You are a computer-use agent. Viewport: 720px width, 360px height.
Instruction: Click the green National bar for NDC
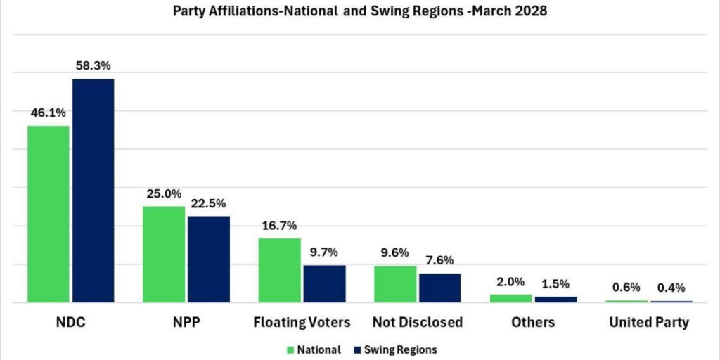[x=49, y=214]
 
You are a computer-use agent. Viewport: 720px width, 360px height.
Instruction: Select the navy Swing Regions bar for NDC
[x=93, y=190]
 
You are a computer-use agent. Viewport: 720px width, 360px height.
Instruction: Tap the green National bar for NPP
[x=164, y=254]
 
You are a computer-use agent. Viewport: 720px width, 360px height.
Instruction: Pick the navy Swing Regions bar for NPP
[x=208, y=259]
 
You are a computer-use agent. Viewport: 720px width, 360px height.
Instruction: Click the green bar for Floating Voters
[x=279, y=270]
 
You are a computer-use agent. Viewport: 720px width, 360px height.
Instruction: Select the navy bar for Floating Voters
[x=324, y=283]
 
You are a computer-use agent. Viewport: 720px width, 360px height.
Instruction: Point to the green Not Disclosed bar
[x=394, y=284]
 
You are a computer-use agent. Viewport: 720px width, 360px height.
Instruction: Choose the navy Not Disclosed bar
[x=439, y=288]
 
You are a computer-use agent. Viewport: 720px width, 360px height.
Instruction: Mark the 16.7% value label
[x=279, y=226]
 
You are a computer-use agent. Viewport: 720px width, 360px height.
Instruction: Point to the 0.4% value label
[x=671, y=288]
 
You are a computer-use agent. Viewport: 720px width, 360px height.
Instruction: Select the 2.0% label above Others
[x=510, y=282]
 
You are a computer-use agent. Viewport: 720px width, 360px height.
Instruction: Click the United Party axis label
[x=649, y=323]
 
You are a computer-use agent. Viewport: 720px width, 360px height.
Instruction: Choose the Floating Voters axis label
[x=302, y=323]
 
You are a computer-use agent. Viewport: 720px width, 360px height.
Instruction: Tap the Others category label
[x=533, y=323]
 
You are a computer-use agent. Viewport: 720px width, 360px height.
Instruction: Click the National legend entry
[x=314, y=349]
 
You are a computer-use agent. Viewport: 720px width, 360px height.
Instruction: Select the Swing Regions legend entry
[x=399, y=349]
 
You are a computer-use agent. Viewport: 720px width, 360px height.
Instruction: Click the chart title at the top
[x=359, y=12]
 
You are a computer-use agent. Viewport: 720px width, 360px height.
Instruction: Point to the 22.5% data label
[x=209, y=203]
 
